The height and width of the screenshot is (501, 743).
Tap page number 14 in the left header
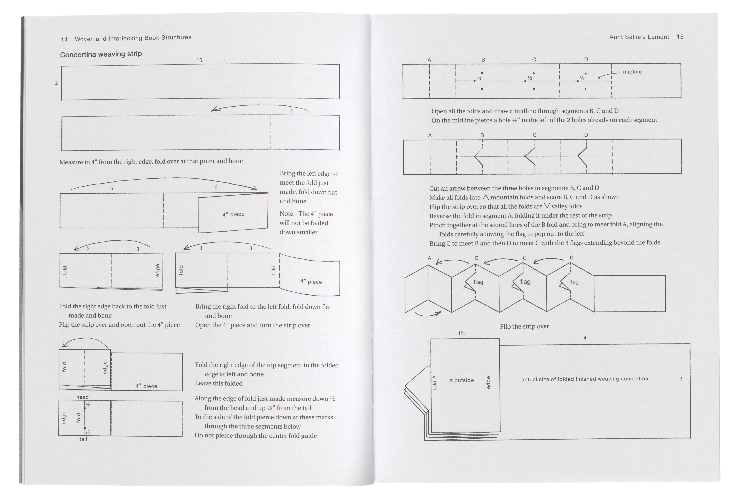(64, 39)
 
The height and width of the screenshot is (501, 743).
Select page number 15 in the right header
(680, 37)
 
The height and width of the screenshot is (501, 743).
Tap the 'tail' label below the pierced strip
(83, 439)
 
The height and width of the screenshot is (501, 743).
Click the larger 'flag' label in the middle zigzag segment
(525, 282)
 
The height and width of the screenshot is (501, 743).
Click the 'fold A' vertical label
(434, 383)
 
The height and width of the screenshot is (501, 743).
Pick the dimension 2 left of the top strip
(57, 83)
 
